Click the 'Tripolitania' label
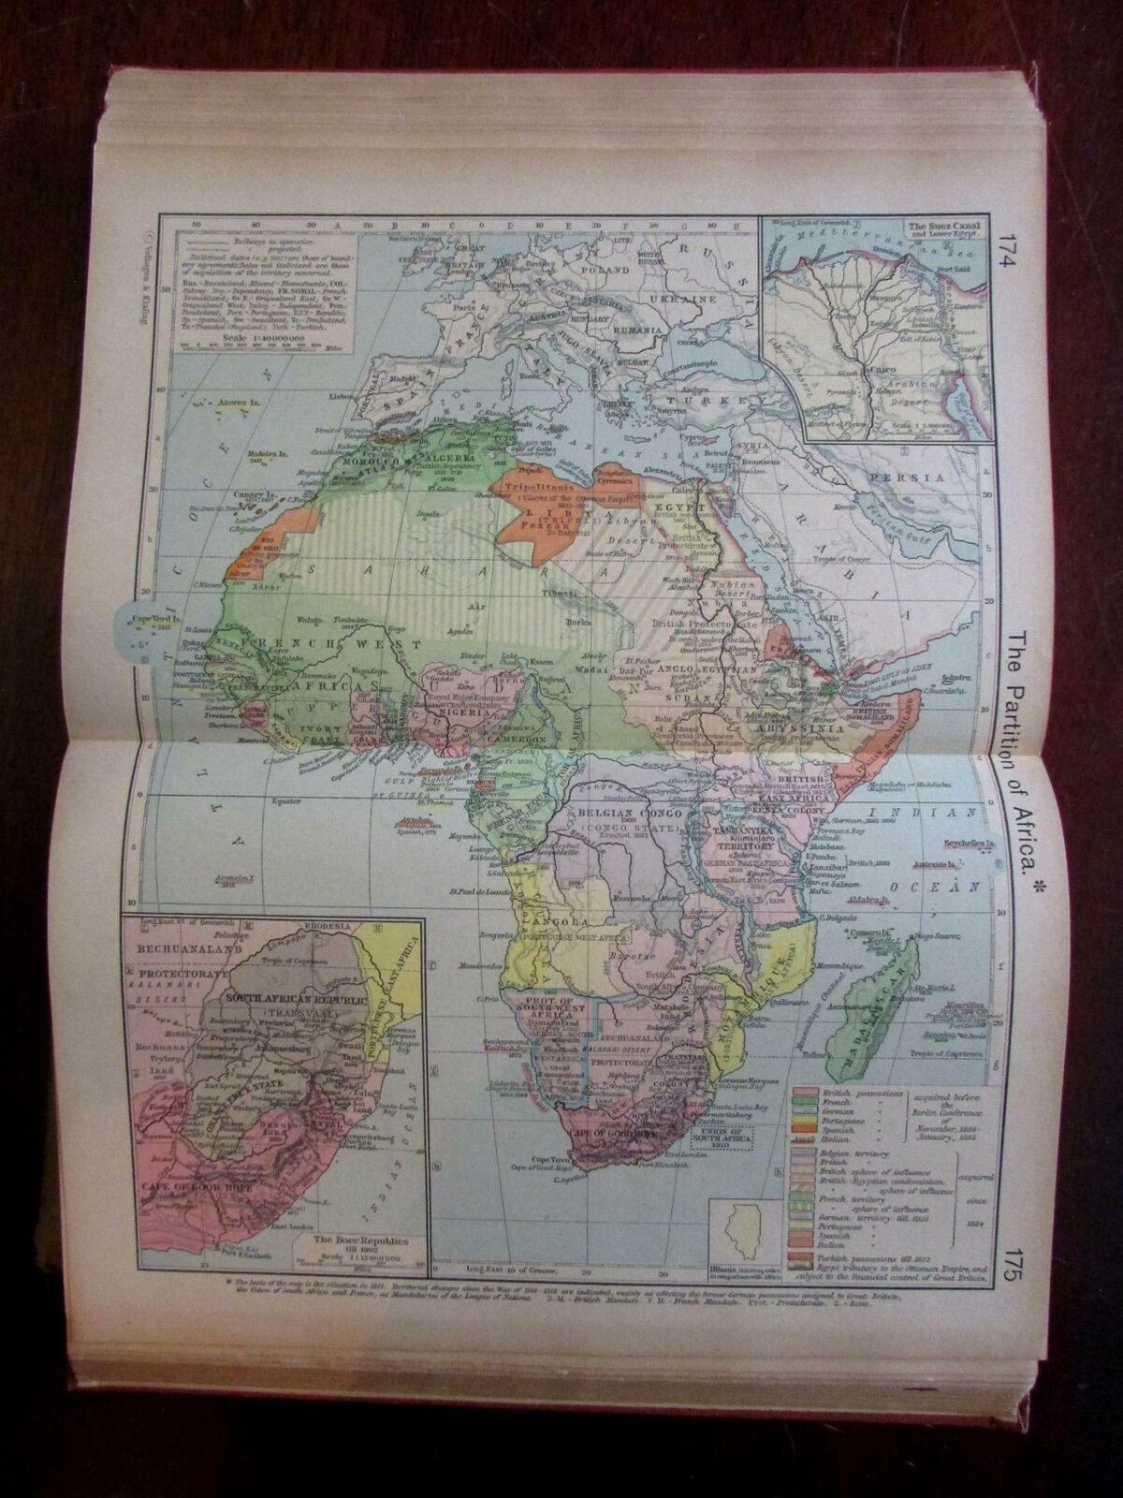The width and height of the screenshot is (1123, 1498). pyautogui.click(x=536, y=489)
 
